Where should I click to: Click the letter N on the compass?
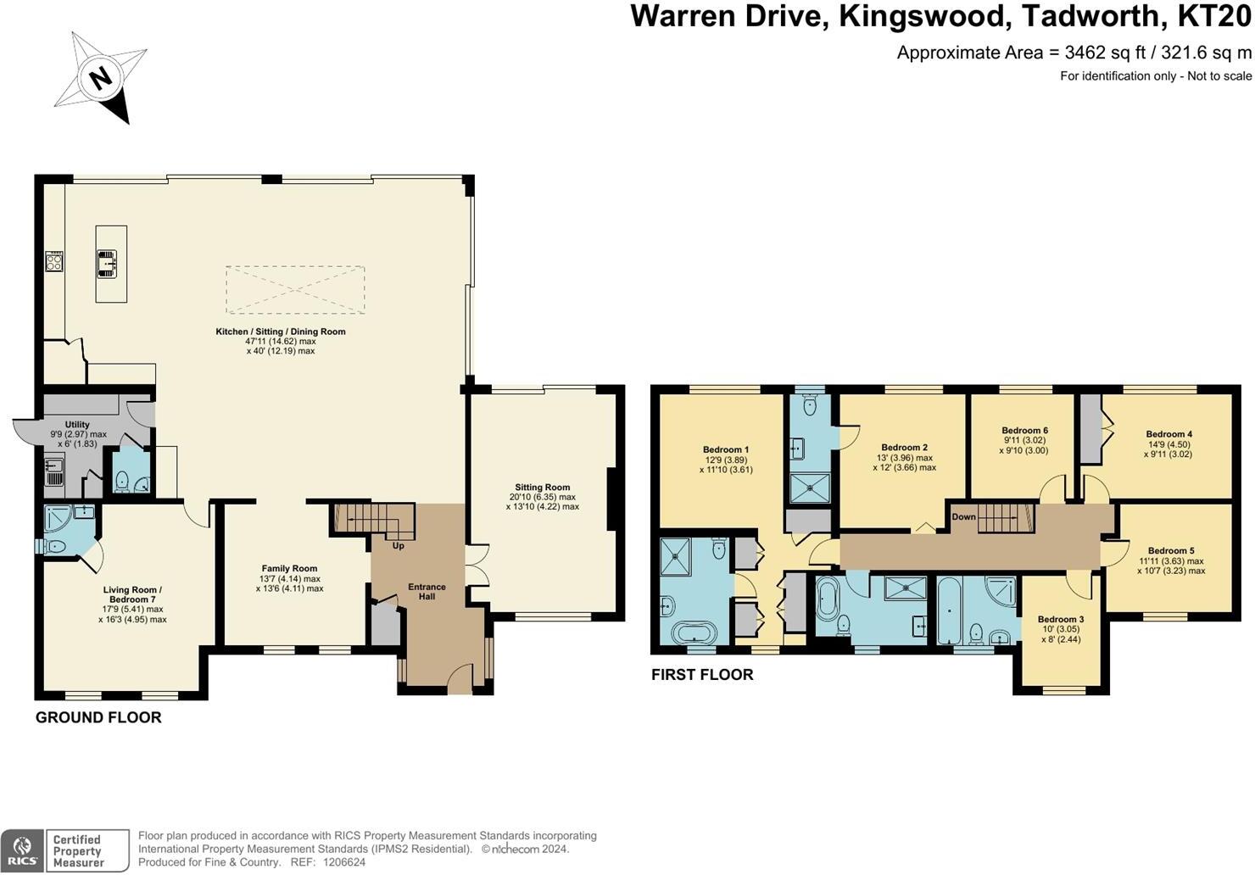101,79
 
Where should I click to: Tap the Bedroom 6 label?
1024,431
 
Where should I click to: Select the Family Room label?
289,569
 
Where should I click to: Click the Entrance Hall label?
427,592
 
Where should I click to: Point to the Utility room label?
77,425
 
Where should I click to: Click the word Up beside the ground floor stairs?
398,546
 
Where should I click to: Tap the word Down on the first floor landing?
963,517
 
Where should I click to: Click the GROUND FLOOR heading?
98,718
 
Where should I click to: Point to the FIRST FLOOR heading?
702,675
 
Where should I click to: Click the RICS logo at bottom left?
22,850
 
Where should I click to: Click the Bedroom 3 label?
1060,620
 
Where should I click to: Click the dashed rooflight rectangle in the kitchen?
295,290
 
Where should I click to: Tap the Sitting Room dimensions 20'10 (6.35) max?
542,498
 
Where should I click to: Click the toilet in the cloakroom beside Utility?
120,481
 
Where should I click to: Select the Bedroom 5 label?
1170,551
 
